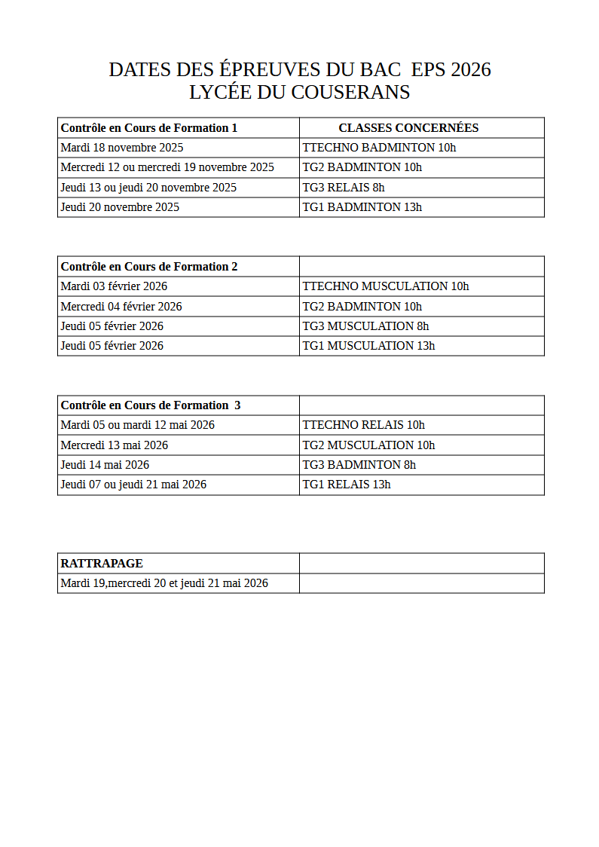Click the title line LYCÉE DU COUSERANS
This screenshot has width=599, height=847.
click(x=299, y=93)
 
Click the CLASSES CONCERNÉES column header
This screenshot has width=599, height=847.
click(x=408, y=128)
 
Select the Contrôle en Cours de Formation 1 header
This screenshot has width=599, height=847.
click(x=149, y=128)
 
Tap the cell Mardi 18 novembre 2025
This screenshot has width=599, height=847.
click(x=122, y=148)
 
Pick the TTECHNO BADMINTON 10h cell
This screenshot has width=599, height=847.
click(x=379, y=148)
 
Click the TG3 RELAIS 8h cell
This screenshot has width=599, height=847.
click(x=344, y=188)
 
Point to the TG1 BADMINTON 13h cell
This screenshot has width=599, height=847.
click(x=362, y=207)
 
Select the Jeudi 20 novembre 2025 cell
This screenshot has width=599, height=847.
click(x=120, y=207)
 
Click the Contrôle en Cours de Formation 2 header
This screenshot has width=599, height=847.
click(x=149, y=267)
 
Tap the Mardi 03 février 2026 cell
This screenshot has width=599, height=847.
click(x=114, y=286)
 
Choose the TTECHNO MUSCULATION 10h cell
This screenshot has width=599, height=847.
click(x=385, y=286)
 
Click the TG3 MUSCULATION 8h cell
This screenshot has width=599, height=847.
click(x=365, y=326)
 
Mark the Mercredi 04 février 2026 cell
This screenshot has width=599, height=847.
click(x=121, y=307)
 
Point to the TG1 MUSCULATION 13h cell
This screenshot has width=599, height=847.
click(x=368, y=346)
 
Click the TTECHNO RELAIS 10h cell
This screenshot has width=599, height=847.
click(x=363, y=425)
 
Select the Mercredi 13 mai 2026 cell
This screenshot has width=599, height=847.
click(x=115, y=445)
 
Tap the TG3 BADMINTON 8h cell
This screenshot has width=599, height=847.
click(x=359, y=465)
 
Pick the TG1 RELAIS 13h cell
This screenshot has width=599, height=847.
click(x=347, y=485)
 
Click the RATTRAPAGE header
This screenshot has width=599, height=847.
click(x=102, y=564)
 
